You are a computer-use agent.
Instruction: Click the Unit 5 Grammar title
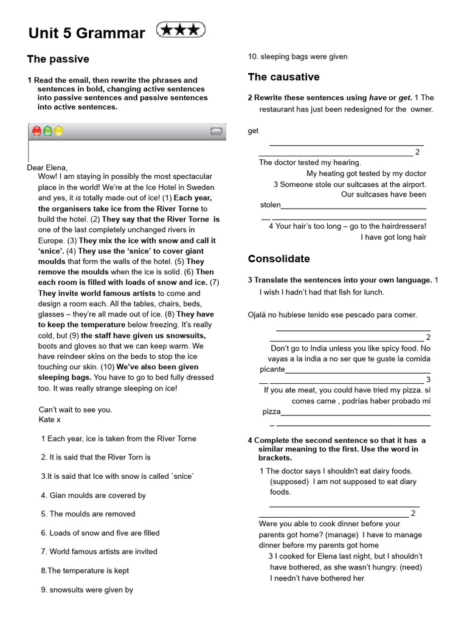click(x=86, y=33)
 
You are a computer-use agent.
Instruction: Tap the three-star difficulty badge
click(x=181, y=30)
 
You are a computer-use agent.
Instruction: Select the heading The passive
click(x=58, y=59)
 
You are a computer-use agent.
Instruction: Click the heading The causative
click(x=283, y=77)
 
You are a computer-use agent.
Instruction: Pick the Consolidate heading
click(x=278, y=259)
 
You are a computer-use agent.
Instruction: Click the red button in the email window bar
click(x=36, y=131)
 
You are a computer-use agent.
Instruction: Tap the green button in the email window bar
click(x=47, y=131)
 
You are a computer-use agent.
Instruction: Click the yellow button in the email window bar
click(x=58, y=131)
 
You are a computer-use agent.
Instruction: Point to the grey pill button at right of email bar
click(x=216, y=131)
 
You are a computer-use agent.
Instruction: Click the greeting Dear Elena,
click(x=47, y=168)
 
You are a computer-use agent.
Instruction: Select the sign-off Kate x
click(x=50, y=420)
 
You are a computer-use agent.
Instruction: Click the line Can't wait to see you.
click(x=75, y=409)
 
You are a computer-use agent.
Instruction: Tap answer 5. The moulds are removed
click(x=88, y=513)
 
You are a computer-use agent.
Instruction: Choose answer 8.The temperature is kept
click(x=85, y=571)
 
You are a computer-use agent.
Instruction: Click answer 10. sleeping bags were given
click(x=298, y=57)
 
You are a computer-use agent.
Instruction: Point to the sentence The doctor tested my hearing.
click(x=310, y=162)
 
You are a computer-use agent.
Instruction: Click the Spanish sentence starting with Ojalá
click(x=332, y=315)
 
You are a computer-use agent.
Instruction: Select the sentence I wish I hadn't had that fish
click(x=322, y=292)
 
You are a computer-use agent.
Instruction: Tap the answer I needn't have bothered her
click(x=317, y=578)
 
